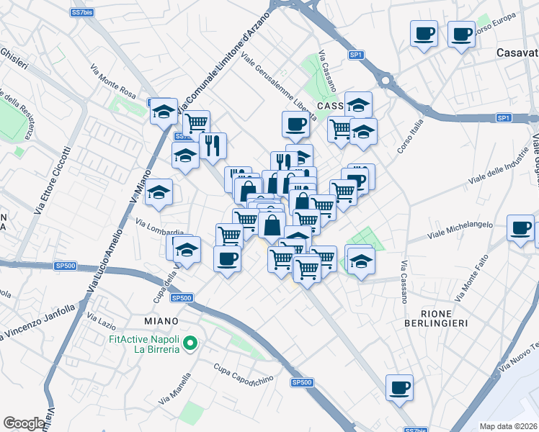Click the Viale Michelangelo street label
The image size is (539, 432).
point(460,230)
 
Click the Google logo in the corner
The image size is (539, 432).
point(24,423)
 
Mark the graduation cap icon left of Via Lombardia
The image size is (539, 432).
point(159,192)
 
